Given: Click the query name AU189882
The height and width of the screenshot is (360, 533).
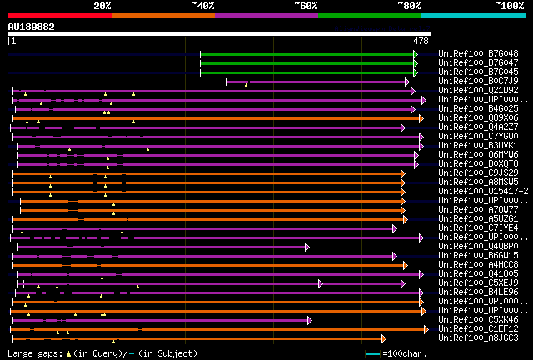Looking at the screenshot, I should point(32,27).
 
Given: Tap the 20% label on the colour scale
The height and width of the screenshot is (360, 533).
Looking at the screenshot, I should point(102,5).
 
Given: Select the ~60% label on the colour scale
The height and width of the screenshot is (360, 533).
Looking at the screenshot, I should point(306,5).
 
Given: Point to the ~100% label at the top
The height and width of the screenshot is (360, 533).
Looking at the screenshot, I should point(509,5).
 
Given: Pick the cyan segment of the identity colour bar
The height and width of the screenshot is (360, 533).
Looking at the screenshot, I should point(473,14).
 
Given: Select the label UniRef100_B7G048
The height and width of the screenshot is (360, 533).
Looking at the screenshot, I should point(478,53).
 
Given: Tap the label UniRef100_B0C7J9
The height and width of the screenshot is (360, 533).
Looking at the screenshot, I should point(478,81).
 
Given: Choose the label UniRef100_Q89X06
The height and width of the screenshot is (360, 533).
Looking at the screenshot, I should point(478,117).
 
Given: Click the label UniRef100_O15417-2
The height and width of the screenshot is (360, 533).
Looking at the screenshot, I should point(478,191).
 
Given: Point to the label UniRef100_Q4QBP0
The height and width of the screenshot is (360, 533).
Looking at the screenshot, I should point(478,246).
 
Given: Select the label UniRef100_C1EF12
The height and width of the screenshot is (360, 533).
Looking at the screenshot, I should point(478,328).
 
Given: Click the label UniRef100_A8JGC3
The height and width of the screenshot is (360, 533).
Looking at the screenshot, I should point(478,337).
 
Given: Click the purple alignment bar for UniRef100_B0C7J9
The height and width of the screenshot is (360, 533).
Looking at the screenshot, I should point(316,82).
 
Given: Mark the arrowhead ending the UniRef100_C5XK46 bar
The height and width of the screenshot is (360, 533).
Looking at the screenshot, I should point(309,319).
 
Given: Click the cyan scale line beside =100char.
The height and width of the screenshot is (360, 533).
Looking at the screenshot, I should point(372,354).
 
